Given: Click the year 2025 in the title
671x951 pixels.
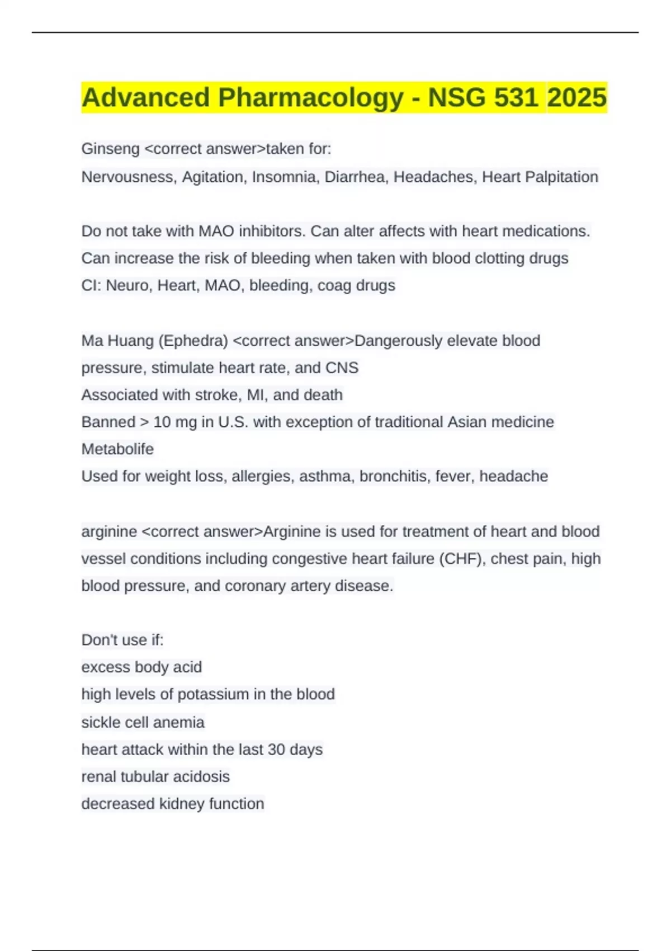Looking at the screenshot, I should point(577,97).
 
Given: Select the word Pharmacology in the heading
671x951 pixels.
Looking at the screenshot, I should point(311,97).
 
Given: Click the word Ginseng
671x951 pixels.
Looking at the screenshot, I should point(110,149).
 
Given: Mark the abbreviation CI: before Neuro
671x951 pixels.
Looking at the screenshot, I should point(91,285).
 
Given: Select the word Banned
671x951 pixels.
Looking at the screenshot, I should point(108,422).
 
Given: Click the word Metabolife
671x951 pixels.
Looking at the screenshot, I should point(117,449).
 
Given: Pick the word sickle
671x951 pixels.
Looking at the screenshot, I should point(101,722).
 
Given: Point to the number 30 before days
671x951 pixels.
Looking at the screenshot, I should point(276,750).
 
